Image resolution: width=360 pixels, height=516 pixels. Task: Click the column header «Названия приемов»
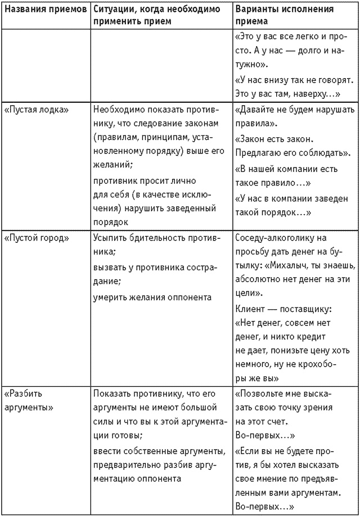[45, 10]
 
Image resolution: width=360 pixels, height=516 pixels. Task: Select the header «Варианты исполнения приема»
[284, 15]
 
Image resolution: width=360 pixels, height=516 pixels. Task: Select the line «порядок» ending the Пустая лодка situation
[109, 221]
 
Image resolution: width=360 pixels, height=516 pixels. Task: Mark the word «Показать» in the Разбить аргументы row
[112, 393]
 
